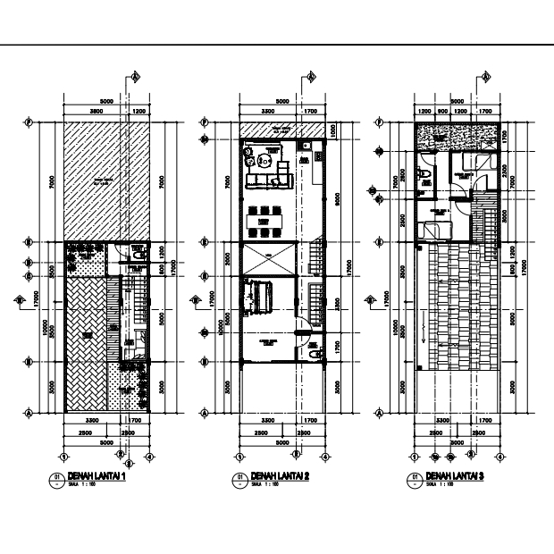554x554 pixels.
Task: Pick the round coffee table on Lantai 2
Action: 264,162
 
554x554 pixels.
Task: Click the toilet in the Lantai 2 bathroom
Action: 312,355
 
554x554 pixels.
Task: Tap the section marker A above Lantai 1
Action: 135,77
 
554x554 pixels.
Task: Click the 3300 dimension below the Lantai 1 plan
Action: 92,419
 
